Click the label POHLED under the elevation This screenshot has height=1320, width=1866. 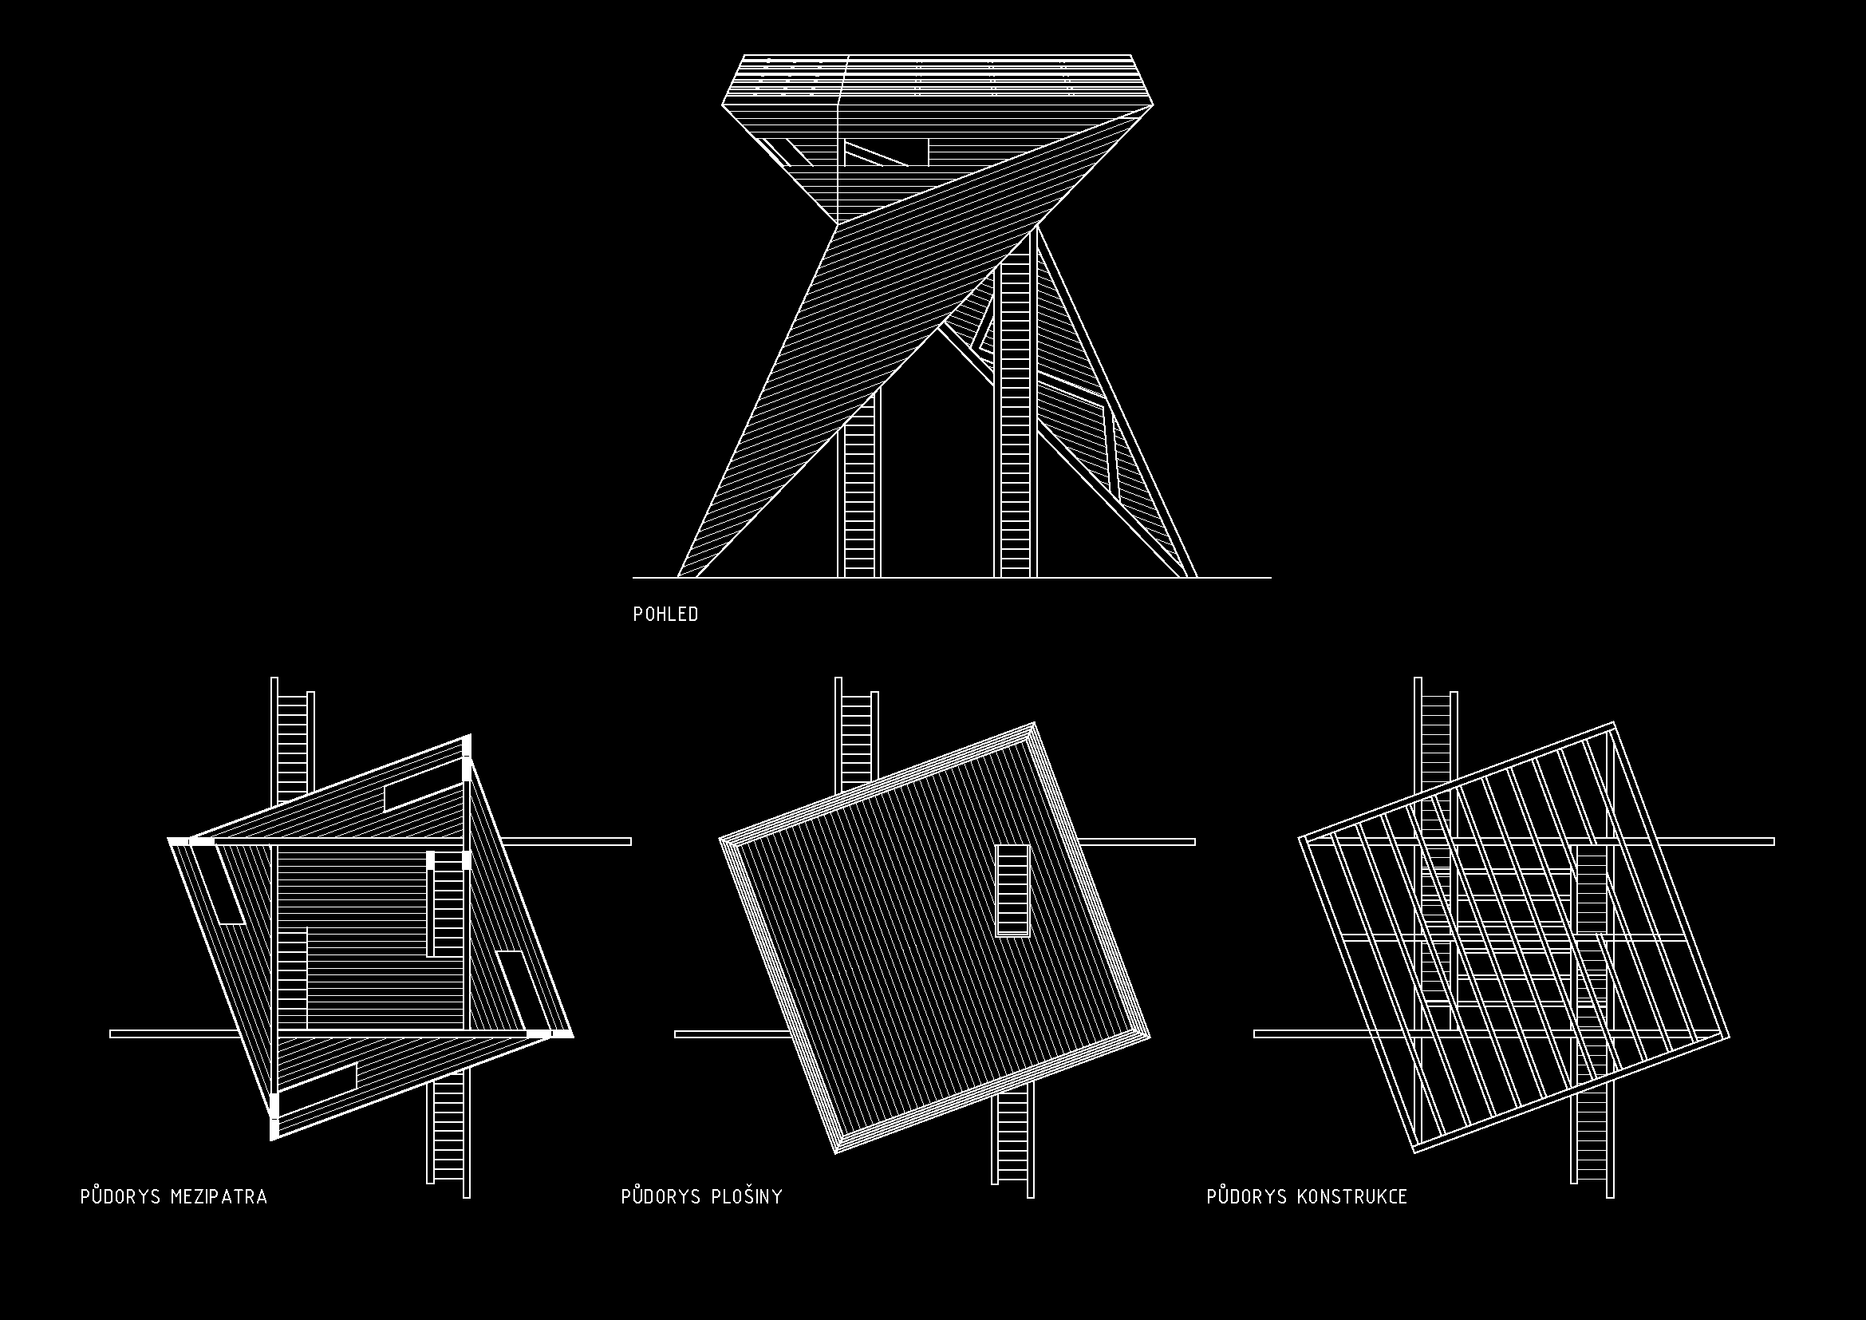pyautogui.click(x=665, y=615)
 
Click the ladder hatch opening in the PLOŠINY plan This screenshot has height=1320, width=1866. pyautogui.click(x=1012, y=891)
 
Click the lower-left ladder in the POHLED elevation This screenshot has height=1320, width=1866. pyautogui.click(x=859, y=484)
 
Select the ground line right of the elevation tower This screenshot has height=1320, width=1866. pyautogui.click(x=1234, y=578)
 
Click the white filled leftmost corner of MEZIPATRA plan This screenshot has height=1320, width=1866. pyautogui.click(x=179, y=841)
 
